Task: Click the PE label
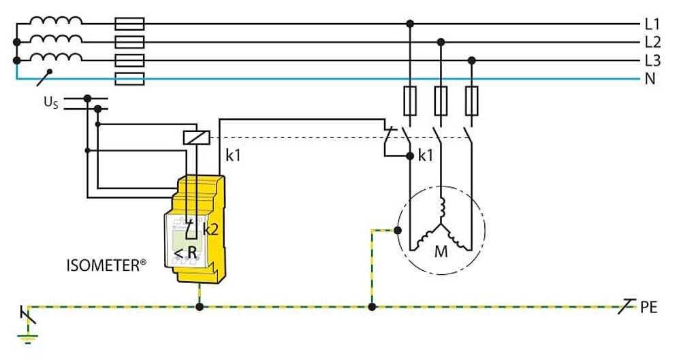click(648, 308)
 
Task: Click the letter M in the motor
click(441, 252)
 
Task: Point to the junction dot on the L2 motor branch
click(441, 42)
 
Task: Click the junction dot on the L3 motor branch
click(471, 61)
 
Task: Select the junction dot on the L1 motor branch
click(410, 24)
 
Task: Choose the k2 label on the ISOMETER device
click(210, 229)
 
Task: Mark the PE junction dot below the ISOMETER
click(200, 308)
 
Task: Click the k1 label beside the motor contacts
click(426, 156)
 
